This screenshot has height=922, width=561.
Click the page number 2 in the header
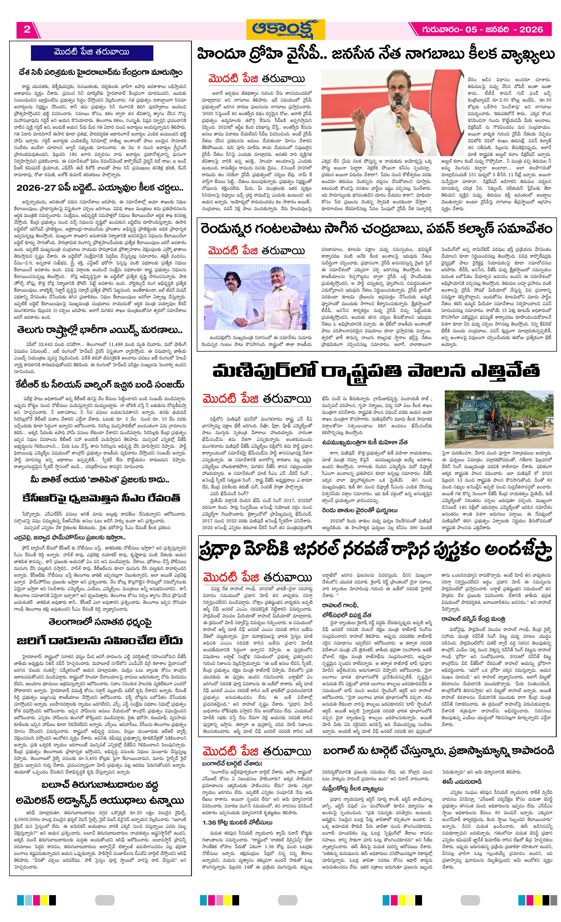(x=27, y=30)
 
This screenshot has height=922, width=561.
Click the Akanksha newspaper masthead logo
(x=285, y=29)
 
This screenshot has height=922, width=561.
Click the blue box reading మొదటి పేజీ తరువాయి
(x=92, y=52)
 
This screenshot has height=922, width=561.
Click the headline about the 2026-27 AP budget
(x=100, y=187)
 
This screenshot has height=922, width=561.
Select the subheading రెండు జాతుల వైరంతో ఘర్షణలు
(x=354, y=510)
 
